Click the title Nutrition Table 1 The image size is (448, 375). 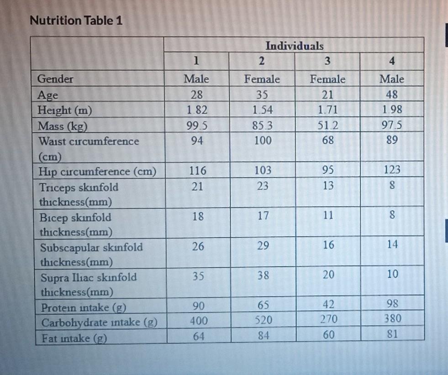coord(76,21)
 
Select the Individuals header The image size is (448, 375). coord(294,46)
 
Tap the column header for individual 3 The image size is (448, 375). coord(327,61)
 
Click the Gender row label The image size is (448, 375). coord(55,79)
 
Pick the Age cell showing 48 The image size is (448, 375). coord(392,94)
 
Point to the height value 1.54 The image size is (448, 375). coord(262,109)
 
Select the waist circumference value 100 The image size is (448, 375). coord(262,141)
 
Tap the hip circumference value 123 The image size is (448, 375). coord(392,170)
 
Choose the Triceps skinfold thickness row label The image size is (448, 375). coord(79,194)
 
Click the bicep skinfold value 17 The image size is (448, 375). coord(263,216)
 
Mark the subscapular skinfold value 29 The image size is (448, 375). coord(263,245)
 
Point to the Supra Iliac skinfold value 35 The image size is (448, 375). coord(197,276)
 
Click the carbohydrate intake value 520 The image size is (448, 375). coord(263,320)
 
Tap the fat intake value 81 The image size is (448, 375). coord(392,334)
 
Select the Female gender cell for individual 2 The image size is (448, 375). coord(262,79)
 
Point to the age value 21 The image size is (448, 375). coord(327,94)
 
